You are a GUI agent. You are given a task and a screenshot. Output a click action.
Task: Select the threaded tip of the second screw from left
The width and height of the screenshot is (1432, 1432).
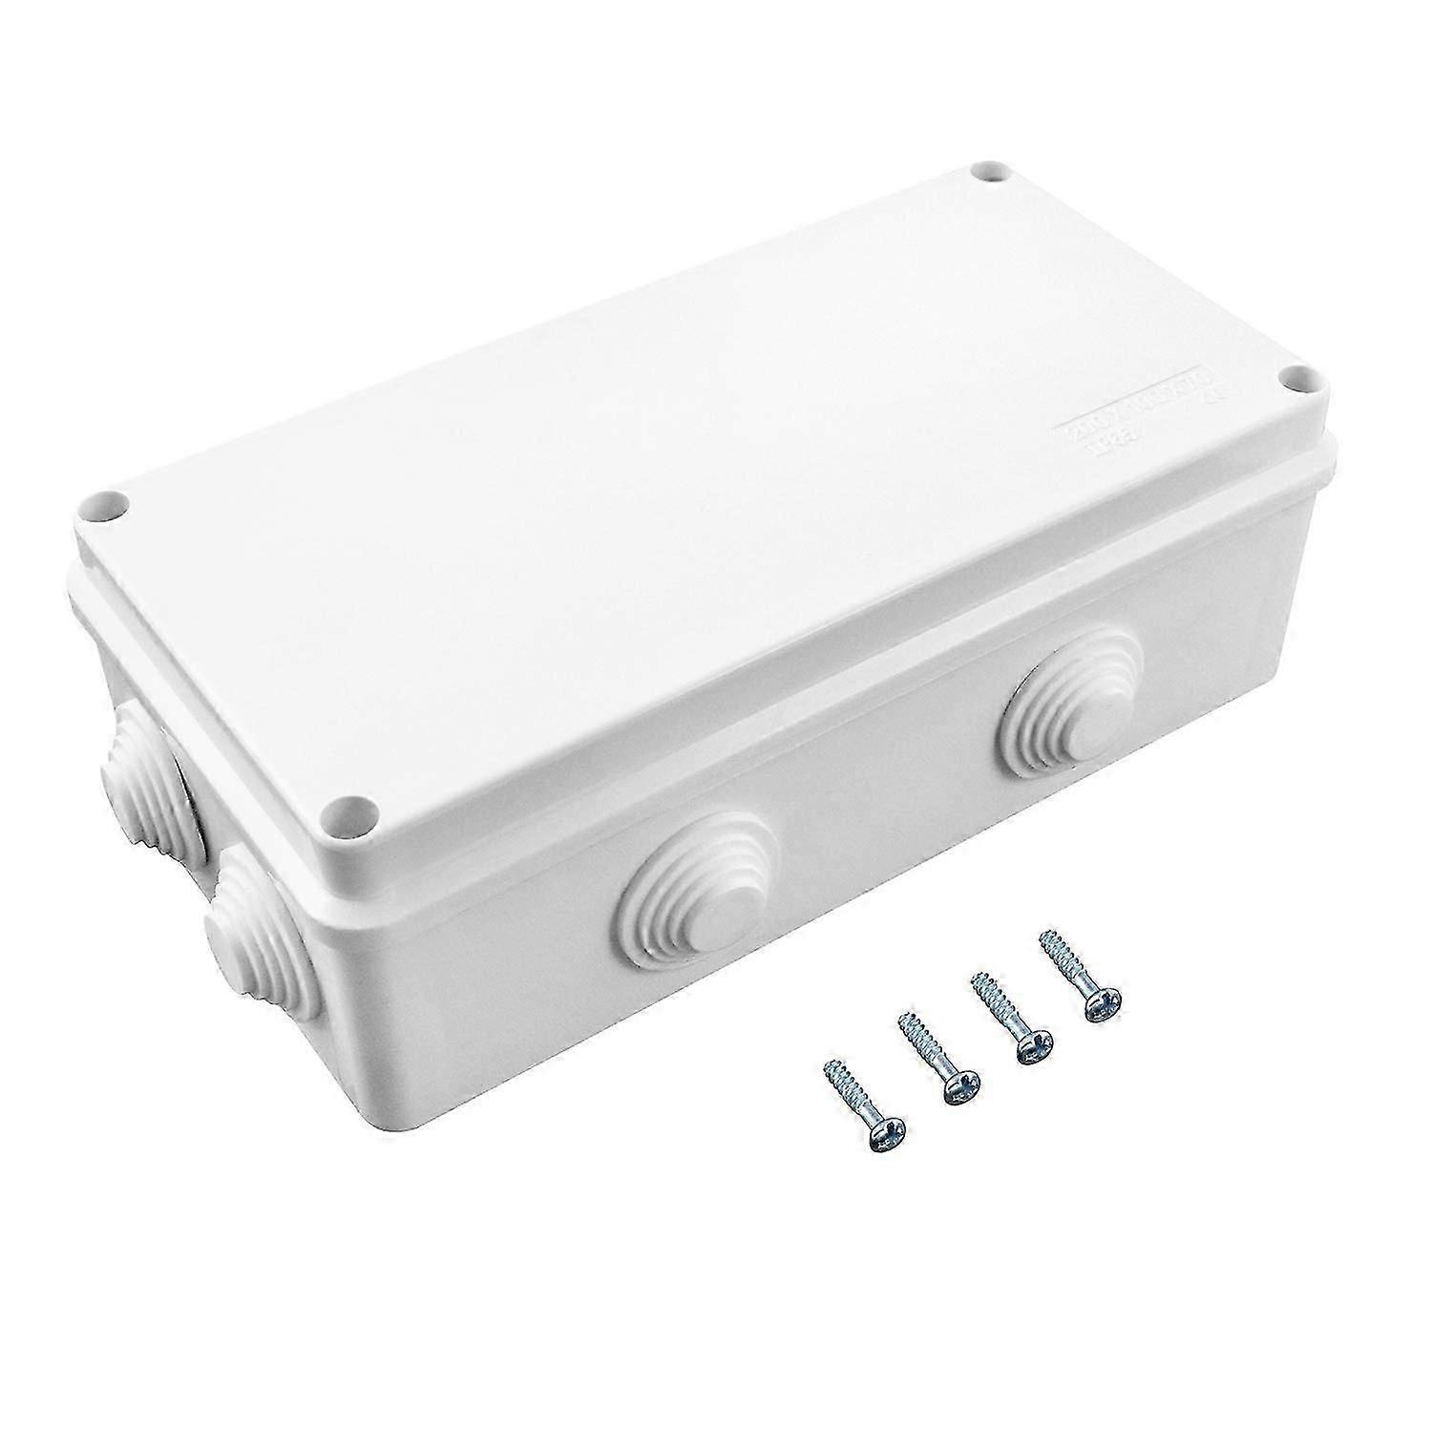click(905, 1024)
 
